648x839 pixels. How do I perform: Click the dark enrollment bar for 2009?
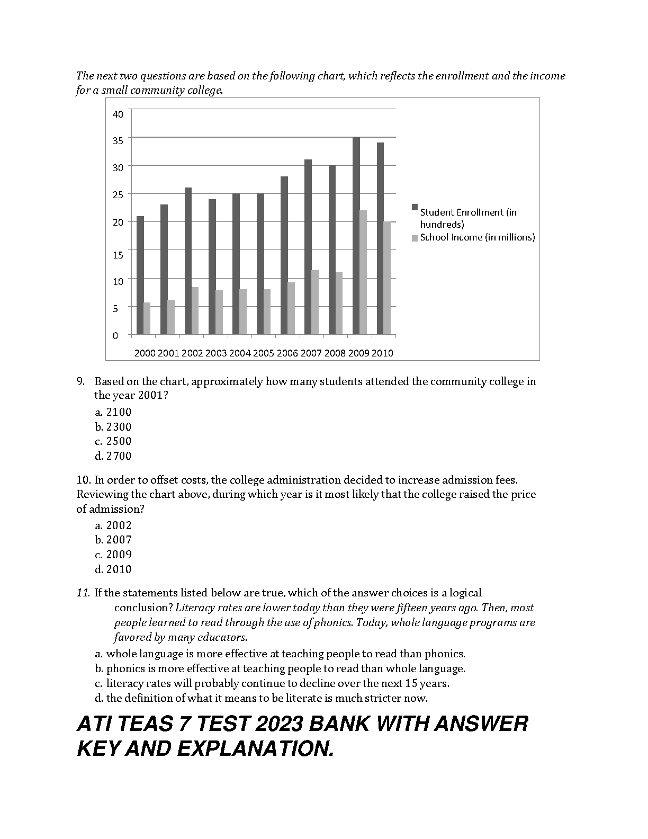click(x=356, y=236)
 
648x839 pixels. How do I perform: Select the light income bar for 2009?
click(x=363, y=272)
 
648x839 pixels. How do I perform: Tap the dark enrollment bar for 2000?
click(x=140, y=275)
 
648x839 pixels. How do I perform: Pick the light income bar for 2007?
click(x=315, y=302)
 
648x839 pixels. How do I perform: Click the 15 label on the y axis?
click(x=118, y=255)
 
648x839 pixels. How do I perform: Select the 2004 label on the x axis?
click(x=240, y=353)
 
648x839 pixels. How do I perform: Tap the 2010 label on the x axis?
click(x=382, y=353)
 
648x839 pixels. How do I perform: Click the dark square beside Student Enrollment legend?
click(x=415, y=207)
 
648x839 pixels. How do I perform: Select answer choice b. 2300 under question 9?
click(x=113, y=427)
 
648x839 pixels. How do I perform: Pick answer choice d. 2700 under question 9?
click(x=113, y=456)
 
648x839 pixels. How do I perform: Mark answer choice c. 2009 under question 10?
click(x=113, y=555)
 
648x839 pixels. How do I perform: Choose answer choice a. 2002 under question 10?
click(x=113, y=525)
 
